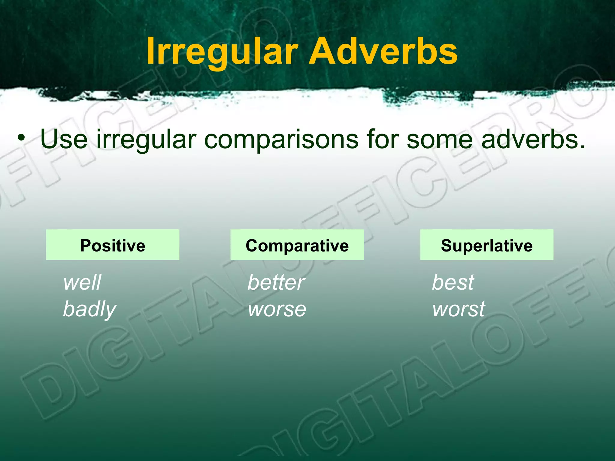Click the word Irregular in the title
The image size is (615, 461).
222,52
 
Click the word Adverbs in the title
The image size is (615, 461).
383,52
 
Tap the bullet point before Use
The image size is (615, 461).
21,138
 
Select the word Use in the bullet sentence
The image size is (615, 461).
64,139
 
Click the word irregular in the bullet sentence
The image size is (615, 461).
146,139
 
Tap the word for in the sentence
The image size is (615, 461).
382,139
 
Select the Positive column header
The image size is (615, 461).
113,245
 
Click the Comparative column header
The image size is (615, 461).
297,245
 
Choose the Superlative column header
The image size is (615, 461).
486,245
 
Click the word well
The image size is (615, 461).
82,282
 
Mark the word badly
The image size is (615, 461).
89,309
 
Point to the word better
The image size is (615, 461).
276,282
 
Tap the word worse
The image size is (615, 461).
277,309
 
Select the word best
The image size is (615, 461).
453,282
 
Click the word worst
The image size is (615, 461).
458,309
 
